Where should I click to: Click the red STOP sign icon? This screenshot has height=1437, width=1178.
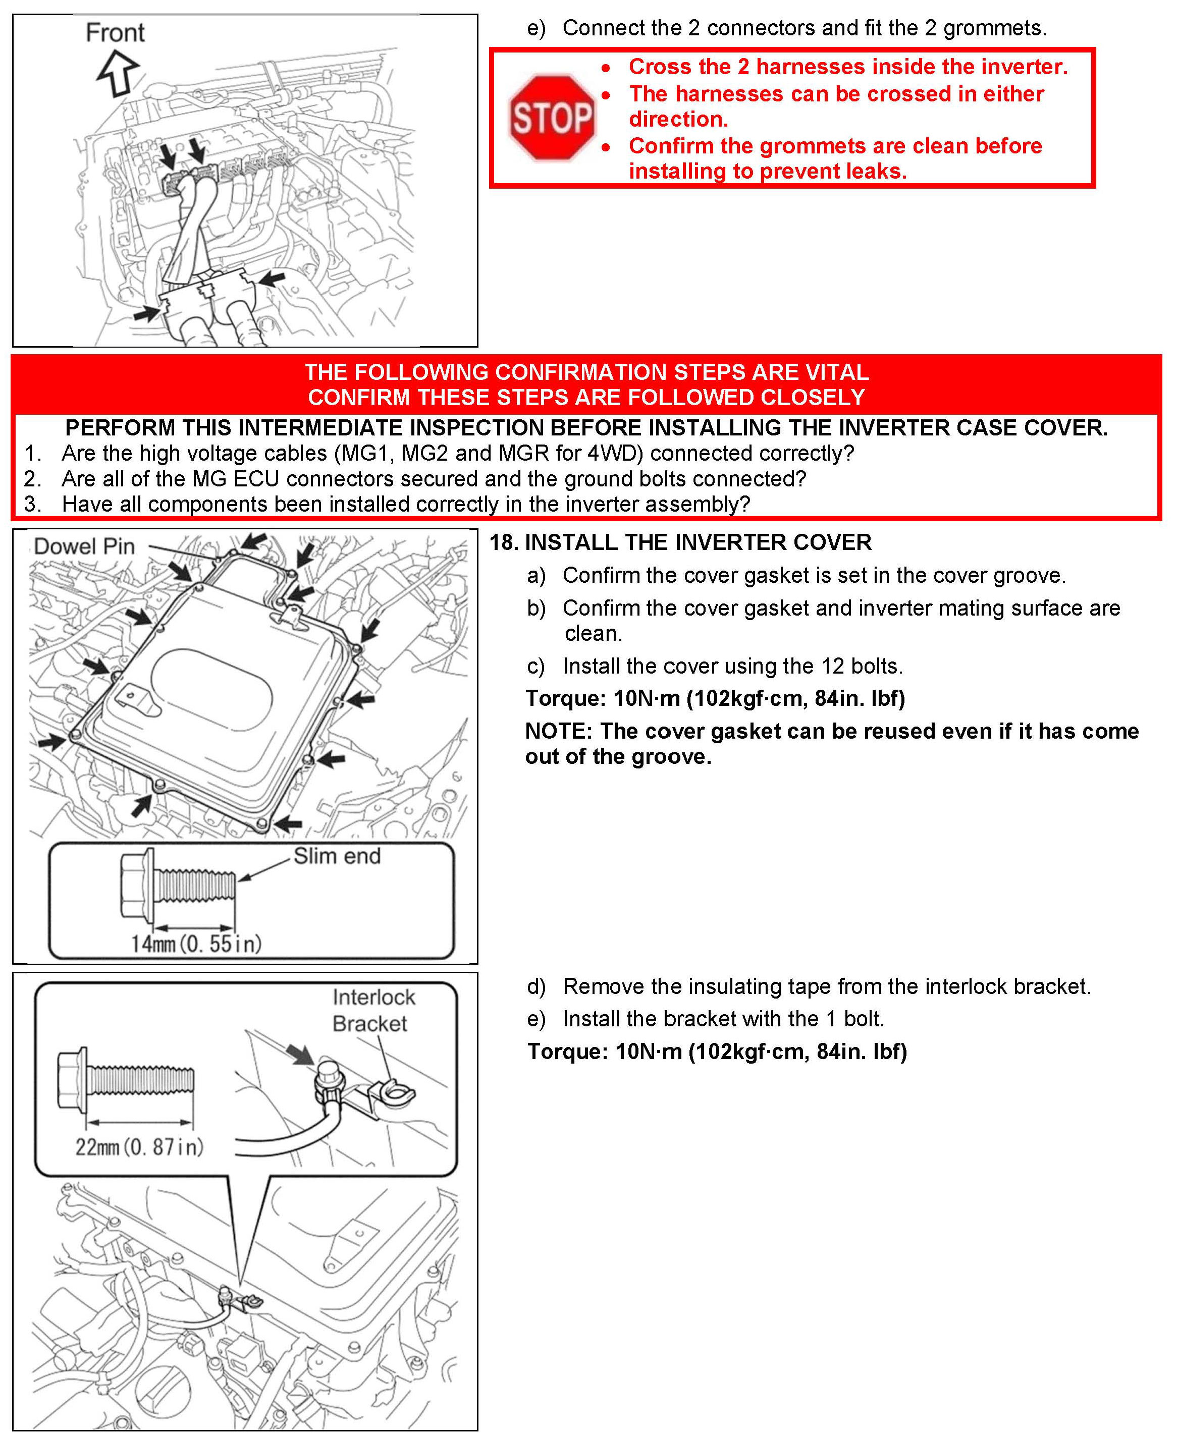coord(552,118)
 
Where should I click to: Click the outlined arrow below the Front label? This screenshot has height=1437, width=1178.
coord(118,73)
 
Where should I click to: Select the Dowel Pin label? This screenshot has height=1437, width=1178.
coord(84,546)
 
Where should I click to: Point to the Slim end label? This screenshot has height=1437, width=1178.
coord(337,856)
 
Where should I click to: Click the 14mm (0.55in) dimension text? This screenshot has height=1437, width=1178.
coord(196,944)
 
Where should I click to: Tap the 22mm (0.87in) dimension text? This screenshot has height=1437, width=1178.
coord(139,1146)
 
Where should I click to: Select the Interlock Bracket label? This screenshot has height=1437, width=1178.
coord(372,1010)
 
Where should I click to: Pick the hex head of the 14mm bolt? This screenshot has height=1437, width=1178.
coord(136,883)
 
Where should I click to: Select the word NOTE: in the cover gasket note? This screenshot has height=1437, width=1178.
coord(558,732)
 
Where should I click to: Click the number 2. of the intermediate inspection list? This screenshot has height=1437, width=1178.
coord(32,479)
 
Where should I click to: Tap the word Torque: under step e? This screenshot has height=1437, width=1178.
coord(567,1052)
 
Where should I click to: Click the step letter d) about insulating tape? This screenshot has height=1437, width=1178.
coord(536,986)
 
